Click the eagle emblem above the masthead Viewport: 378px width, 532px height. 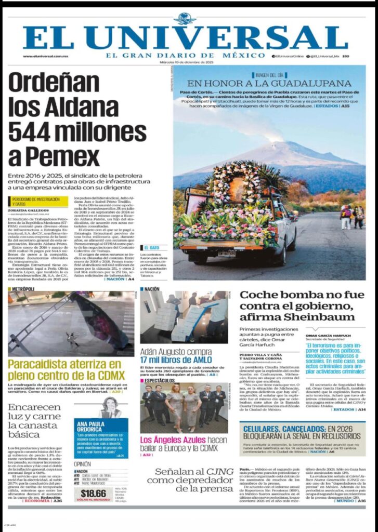tap(185, 19)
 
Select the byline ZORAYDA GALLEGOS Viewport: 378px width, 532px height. tap(29, 210)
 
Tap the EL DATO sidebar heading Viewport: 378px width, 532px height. tap(152, 248)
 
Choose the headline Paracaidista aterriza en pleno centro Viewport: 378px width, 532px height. tap(66, 369)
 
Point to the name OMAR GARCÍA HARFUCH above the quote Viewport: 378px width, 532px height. tap(328, 335)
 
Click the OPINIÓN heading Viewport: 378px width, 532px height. tap(82, 464)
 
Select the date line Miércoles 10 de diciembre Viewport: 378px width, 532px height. tap(186, 62)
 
